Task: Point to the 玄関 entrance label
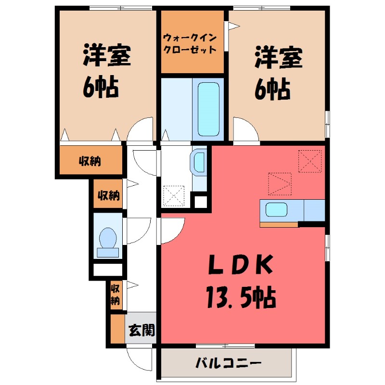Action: pyautogui.click(x=142, y=330)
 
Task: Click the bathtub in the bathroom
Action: pyautogui.click(x=208, y=109)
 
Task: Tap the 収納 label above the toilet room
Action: pyautogui.click(x=108, y=195)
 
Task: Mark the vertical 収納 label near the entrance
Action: pyautogui.click(x=115, y=294)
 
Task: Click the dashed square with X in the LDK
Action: pyautogui.click(x=309, y=161)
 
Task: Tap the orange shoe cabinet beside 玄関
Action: pyautogui.click(x=117, y=329)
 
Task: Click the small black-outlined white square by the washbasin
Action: pyautogui.click(x=201, y=201)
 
